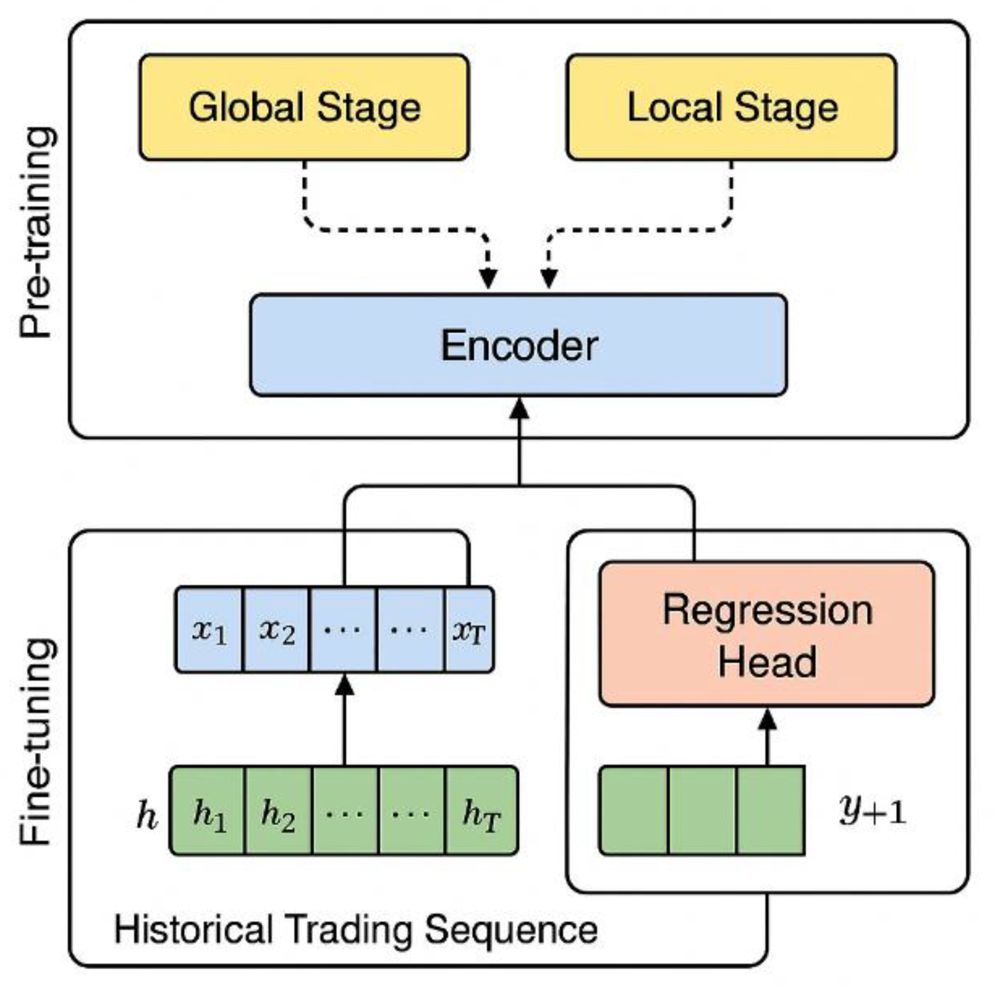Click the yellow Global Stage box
point(304,107)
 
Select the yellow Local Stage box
point(731,107)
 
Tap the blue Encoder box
point(518,345)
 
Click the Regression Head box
point(767,634)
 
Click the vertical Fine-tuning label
point(37,741)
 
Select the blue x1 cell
point(209,630)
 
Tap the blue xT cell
point(469,630)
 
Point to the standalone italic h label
point(146,815)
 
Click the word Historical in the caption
point(193,929)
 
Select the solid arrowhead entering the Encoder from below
point(519,408)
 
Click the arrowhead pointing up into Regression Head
point(767,719)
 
